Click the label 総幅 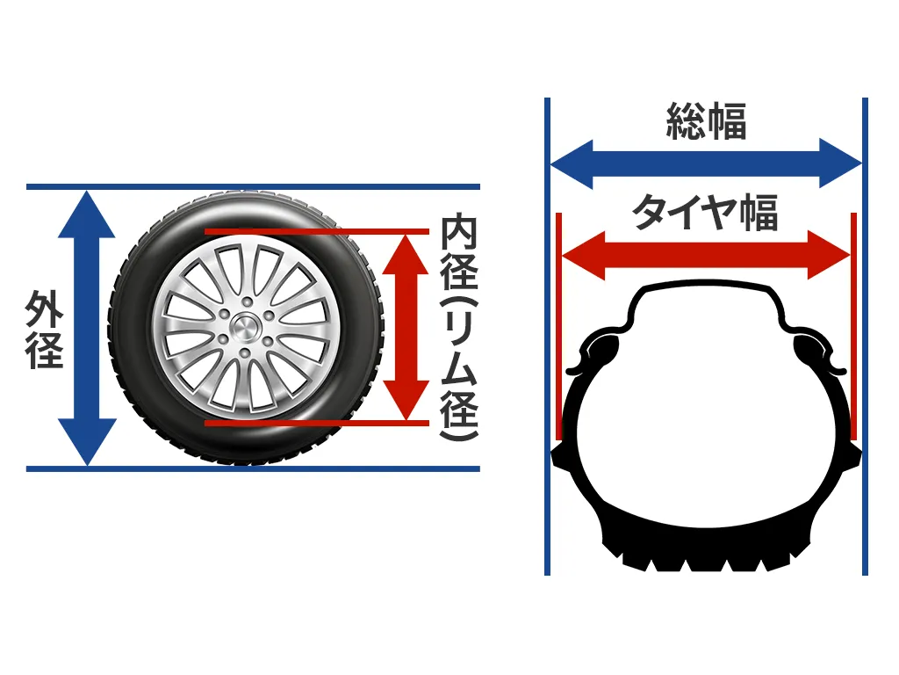click(706, 121)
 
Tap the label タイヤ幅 click(705, 213)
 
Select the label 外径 click(44, 329)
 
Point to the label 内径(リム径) click(459, 328)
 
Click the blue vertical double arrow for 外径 click(87, 328)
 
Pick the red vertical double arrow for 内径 click(406, 327)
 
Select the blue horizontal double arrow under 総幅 click(706, 163)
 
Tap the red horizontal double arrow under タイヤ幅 click(706, 255)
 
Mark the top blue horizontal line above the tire click(253, 186)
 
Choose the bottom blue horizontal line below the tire click(253, 469)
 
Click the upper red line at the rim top click(317, 232)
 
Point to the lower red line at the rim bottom click(317, 423)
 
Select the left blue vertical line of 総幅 click(548, 337)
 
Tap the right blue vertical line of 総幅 click(865, 337)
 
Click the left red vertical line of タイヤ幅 click(559, 326)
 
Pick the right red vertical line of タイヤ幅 click(853, 326)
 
